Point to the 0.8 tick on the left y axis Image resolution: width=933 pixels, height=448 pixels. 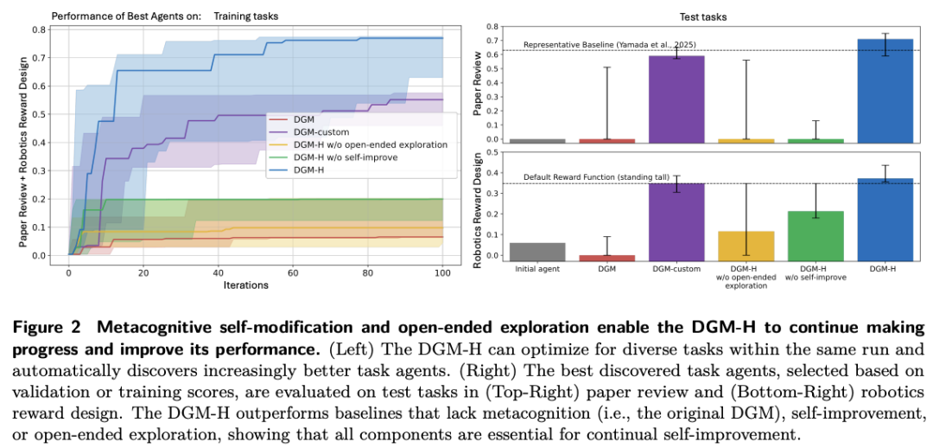click(x=40, y=29)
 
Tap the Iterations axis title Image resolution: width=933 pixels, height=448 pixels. click(x=245, y=285)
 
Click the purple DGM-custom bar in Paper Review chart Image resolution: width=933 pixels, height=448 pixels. click(x=677, y=99)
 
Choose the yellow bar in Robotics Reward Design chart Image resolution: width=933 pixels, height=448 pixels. click(x=746, y=245)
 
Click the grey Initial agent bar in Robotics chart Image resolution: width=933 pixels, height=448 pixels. click(x=538, y=251)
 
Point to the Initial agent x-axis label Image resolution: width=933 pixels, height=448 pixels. click(x=538, y=268)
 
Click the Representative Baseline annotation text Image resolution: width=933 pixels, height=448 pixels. click(x=610, y=44)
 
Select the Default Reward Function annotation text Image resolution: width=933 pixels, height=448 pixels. click(x=597, y=177)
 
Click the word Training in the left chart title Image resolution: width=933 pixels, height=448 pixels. click(x=233, y=16)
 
